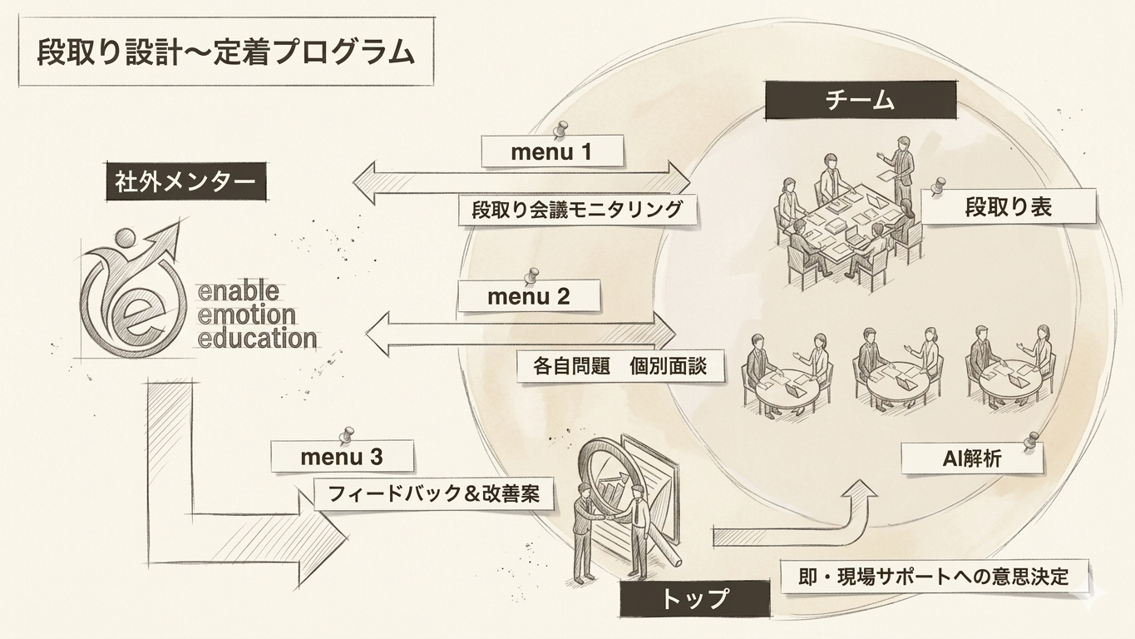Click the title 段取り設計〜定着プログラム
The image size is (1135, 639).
tap(225, 53)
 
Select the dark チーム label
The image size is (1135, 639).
tap(860, 101)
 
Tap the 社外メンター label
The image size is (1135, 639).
tap(185, 182)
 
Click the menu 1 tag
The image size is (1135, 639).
tap(552, 152)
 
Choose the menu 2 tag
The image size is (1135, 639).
tap(528, 296)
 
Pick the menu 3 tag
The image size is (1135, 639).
tap(342, 457)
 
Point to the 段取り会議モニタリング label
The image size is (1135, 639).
tap(577, 209)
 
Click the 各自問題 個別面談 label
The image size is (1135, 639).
tap(619, 365)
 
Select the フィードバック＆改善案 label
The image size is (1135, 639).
tap(433, 493)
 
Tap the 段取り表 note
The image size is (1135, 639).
tap(1009, 206)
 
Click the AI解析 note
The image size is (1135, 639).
tap(972, 458)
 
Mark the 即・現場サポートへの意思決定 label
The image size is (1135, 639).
tap(933, 576)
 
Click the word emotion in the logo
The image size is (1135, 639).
tap(248, 315)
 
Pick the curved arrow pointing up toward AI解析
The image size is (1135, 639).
tap(798, 524)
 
